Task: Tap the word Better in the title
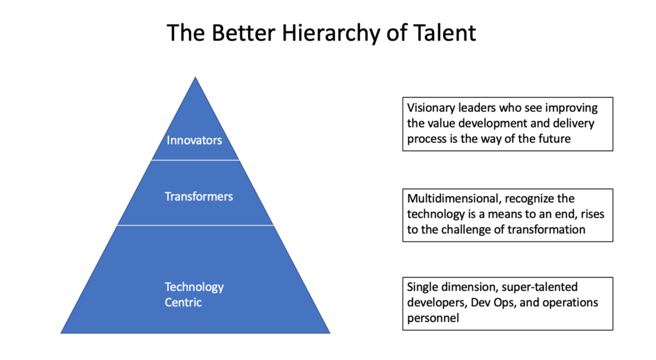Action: click(236, 33)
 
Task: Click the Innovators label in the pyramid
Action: click(194, 140)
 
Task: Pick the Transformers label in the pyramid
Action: click(199, 196)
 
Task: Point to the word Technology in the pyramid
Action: click(194, 286)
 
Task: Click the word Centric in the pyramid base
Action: click(183, 302)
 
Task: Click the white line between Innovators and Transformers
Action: click(195, 160)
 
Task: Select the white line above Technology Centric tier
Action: click(195, 225)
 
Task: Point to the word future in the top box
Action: click(552, 138)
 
